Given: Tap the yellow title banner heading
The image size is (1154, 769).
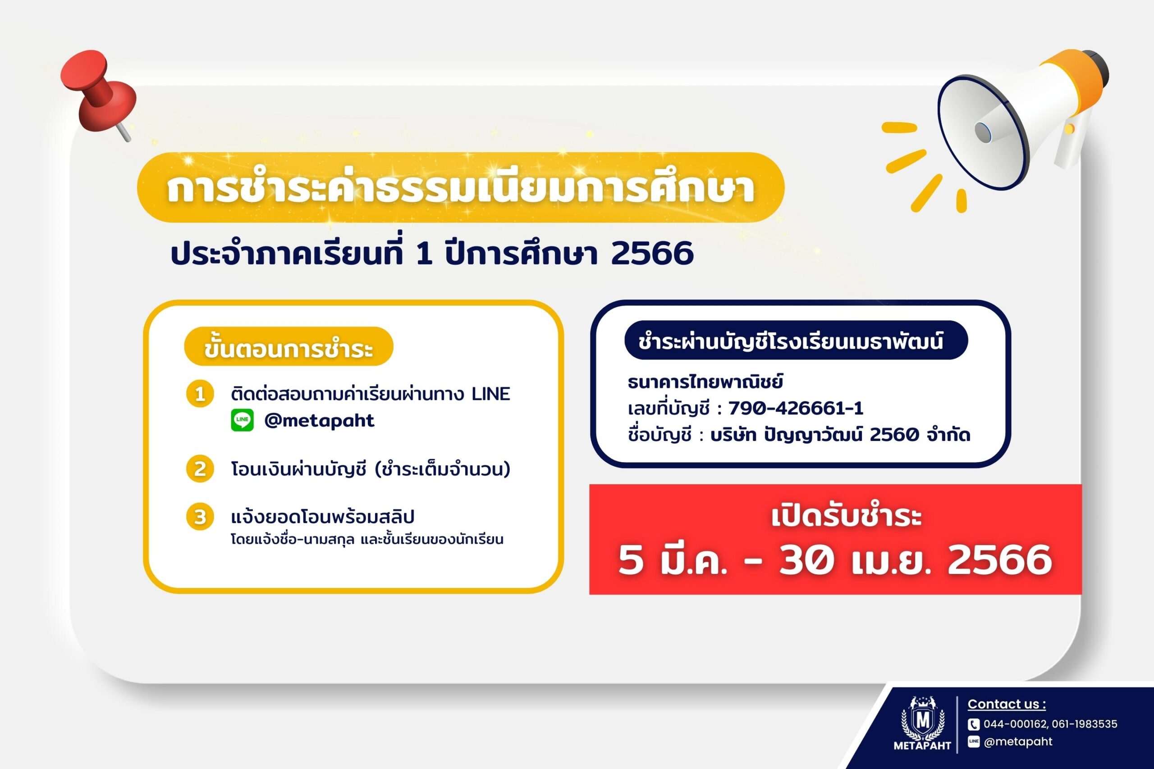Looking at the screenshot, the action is [x=460, y=187].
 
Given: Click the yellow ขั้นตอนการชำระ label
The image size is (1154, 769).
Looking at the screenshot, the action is [x=288, y=346].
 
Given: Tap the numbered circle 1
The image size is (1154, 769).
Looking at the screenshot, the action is [x=200, y=394].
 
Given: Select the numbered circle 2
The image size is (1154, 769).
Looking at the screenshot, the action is [x=200, y=469].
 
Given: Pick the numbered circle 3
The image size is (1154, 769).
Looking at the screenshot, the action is [x=200, y=517].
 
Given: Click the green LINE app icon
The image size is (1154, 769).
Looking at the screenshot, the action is [x=243, y=420].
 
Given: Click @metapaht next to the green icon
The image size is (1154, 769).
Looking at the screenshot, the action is [x=320, y=420].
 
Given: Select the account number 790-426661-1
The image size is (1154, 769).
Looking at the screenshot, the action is [x=796, y=408].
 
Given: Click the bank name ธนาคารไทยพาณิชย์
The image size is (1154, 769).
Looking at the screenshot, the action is [x=705, y=382].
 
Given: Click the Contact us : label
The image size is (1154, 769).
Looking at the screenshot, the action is [x=1007, y=704].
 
